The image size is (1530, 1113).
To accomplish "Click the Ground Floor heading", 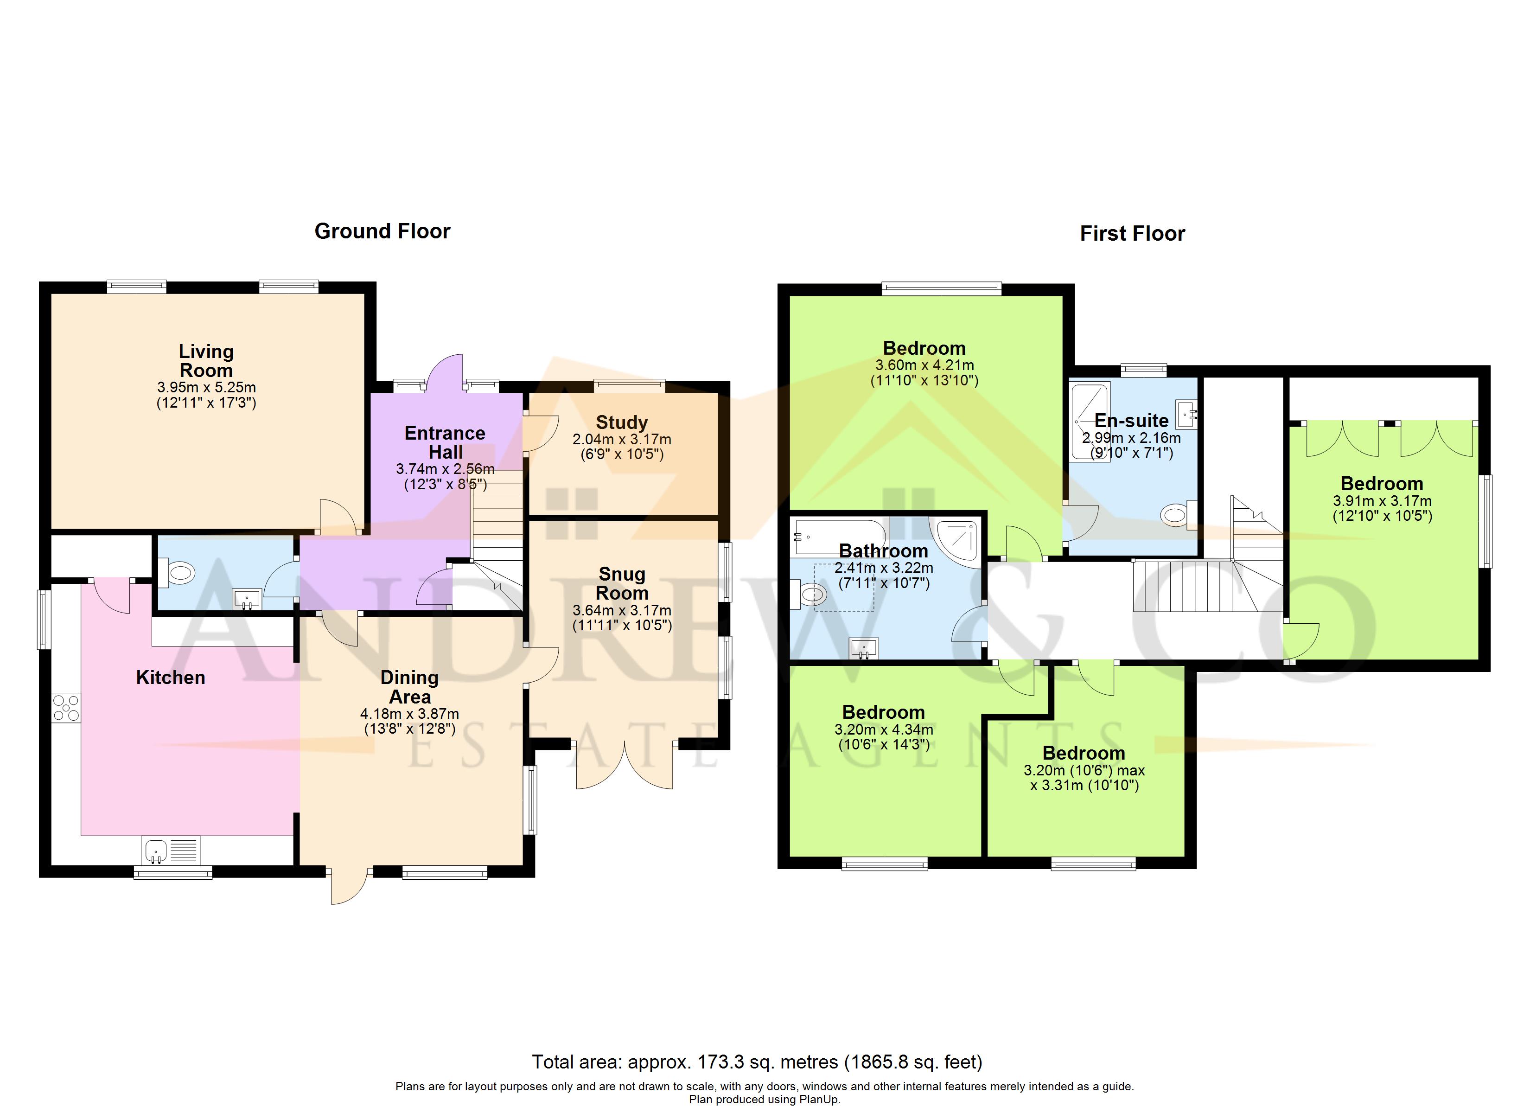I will (x=382, y=231).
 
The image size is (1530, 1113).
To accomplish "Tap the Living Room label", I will (x=206, y=361).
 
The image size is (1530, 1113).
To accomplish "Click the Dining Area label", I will (x=409, y=687).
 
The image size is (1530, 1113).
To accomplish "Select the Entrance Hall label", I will (x=445, y=443).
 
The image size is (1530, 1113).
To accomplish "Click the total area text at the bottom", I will (x=757, y=1062).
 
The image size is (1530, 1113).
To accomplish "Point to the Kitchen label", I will (x=171, y=678).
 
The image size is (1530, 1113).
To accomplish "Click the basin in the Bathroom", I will (x=863, y=649).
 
